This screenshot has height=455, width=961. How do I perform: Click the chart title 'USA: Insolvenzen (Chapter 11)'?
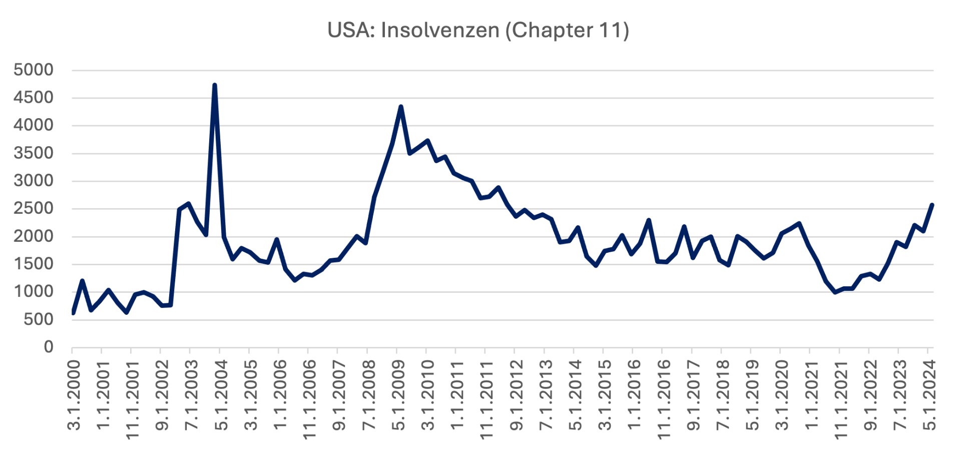coord(478,30)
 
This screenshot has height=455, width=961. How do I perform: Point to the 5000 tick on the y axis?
coord(34,70)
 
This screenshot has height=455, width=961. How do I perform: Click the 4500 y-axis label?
coord(34,98)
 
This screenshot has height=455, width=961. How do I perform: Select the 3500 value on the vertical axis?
coord(34,153)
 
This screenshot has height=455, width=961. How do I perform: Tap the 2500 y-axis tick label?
coord(34,209)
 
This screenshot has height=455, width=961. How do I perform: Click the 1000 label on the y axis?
coord(34,292)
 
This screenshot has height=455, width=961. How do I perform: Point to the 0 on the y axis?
coord(49,347)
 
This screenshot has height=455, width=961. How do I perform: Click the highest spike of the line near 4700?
coord(215,86)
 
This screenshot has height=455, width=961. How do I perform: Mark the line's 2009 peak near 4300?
coord(401,107)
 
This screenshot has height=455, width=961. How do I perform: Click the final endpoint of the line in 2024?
coord(932,205)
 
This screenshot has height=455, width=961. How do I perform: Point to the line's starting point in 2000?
coord(74,313)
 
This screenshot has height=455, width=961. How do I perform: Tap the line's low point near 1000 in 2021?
coord(835,292)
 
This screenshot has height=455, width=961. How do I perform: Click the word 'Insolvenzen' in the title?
coord(440,30)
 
